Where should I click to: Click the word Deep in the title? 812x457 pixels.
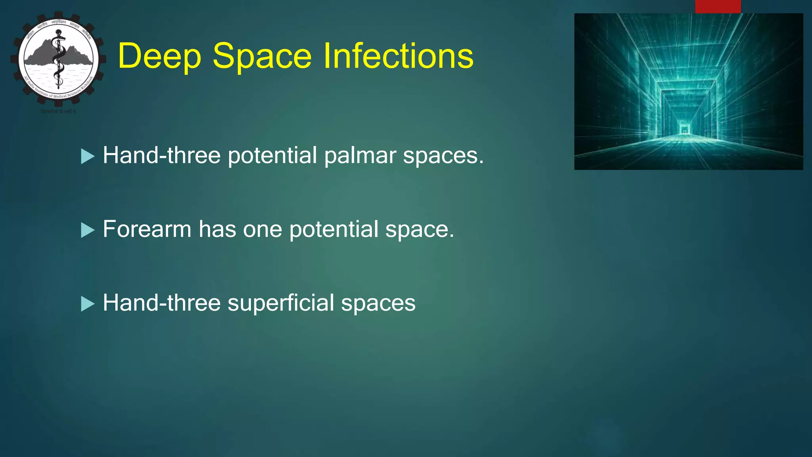(x=159, y=56)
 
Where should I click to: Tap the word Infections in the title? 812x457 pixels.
(x=398, y=56)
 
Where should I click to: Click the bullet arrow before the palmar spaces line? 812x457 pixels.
(x=88, y=156)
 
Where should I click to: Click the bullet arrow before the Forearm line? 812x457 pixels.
(x=88, y=230)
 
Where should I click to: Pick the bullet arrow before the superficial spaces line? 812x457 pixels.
(x=88, y=304)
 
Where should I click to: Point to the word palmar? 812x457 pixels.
(x=360, y=156)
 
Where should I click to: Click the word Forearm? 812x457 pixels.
(x=147, y=229)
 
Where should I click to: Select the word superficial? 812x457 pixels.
(x=281, y=303)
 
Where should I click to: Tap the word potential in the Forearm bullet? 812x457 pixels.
(x=333, y=230)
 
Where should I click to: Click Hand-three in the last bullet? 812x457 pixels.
(x=161, y=303)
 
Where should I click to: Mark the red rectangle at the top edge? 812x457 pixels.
(x=718, y=6)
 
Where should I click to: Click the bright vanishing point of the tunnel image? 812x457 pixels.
(x=684, y=129)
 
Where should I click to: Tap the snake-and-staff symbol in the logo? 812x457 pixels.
(x=59, y=60)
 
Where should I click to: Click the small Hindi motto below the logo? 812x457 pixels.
(x=58, y=112)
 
